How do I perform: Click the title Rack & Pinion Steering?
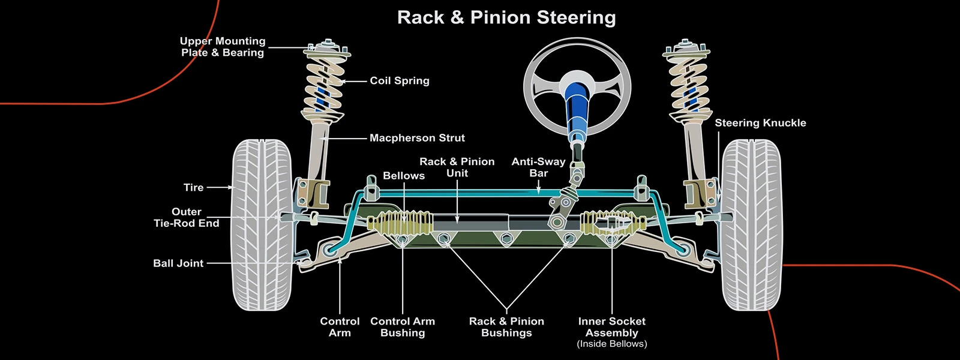[506, 17]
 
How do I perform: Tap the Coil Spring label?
[400, 80]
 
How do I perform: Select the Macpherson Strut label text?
[417, 138]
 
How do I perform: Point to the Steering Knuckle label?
[760, 123]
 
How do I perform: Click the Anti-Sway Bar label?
[538, 167]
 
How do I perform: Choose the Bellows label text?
[404, 176]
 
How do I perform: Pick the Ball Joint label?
[178, 263]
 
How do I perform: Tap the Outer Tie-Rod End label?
[187, 217]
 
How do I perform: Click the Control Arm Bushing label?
[403, 327]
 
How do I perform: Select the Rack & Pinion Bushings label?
[506, 327]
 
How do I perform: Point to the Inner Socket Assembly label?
[611, 327]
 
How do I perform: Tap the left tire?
[262, 225]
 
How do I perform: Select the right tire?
[751, 225]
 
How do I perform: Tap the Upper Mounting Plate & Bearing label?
[223, 47]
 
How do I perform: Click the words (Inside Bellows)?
[611, 344]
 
